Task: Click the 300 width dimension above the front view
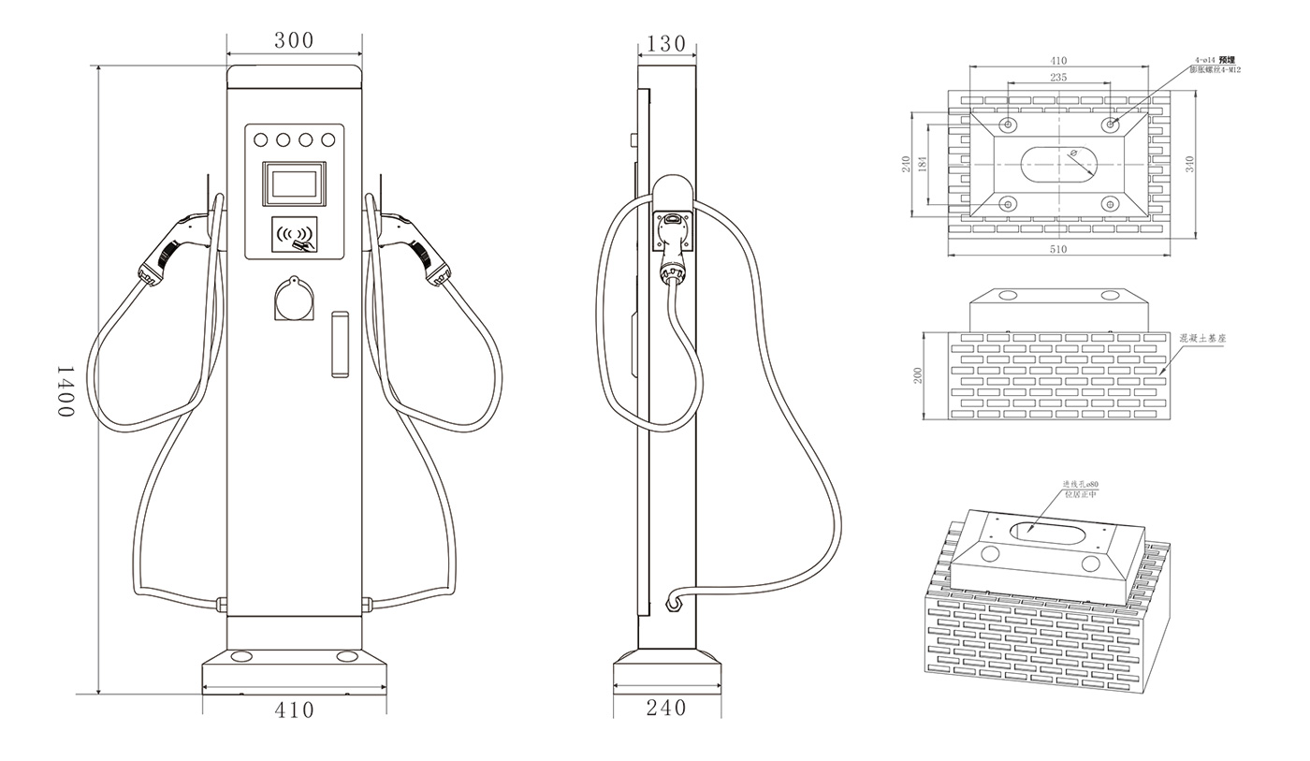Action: click(294, 40)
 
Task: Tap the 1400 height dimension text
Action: click(65, 390)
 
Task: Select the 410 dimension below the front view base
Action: click(294, 710)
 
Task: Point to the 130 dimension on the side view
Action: click(666, 44)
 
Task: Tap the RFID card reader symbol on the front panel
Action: click(295, 236)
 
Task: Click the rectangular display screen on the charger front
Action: click(294, 183)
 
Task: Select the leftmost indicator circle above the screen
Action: click(261, 140)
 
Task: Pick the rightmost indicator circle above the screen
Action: click(327, 140)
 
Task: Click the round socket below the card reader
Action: click(294, 300)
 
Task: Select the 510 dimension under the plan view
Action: click(1058, 250)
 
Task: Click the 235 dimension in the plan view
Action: click(1058, 78)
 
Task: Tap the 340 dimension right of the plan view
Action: click(1189, 163)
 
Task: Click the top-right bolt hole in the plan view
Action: click(1110, 124)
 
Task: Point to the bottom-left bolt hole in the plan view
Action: click(1008, 203)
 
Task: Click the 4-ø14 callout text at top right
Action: click(1206, 60)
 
